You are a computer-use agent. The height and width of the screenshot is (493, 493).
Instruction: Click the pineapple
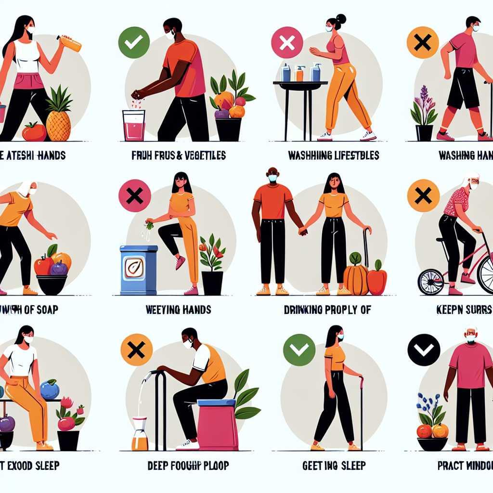coord(58,120)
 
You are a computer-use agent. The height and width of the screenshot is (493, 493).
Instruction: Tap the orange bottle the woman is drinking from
coord(70,44)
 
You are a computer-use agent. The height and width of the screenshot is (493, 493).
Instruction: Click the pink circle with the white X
coord(287,42)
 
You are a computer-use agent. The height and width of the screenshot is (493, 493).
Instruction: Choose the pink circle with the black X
coord(134,196)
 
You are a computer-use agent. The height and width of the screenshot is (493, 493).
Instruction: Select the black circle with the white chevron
coord(424,350)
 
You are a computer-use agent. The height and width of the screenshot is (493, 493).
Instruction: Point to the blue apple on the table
coord(50,389)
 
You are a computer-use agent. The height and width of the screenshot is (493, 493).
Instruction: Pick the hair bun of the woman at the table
coord(342,19)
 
